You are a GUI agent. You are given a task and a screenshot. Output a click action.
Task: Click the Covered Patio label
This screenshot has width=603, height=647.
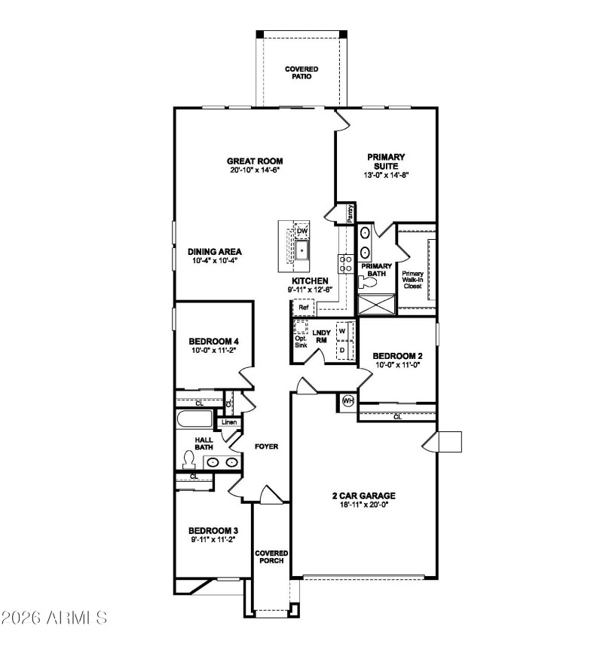(x=301, y=72)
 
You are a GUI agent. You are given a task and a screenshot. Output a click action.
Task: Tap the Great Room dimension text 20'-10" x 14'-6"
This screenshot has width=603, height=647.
(x=255, y=170)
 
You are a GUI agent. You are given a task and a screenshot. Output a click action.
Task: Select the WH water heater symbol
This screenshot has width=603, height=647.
(x=348, y=400)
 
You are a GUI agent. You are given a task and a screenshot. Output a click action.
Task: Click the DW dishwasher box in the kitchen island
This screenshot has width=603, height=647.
(x=301, y=231)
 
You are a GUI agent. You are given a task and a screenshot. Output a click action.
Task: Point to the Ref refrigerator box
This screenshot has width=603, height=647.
(x=303, y=308)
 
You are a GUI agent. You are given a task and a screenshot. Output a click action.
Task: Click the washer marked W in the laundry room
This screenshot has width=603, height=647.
(x=341, y=330)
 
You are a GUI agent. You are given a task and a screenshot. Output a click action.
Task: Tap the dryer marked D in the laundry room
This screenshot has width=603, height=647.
(x=341, y=351)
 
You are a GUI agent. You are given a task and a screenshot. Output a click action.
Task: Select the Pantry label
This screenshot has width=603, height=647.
(x=350, y=213)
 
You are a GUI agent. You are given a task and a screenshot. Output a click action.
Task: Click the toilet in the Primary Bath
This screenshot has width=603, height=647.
(x=369, y=282)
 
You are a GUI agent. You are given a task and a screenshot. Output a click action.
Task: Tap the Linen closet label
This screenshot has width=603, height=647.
(x=229, y=422)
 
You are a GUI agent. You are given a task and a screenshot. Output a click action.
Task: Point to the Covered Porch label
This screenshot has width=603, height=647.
(x=271, y=557)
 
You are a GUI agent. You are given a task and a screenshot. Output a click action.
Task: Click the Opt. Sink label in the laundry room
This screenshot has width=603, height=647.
(x=301, y=342)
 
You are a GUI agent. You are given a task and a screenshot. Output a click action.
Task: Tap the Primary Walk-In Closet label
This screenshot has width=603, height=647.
(x=412, y=280)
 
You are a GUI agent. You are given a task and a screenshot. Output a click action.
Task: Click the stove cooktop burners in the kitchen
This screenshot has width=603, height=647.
(x=346, y=263)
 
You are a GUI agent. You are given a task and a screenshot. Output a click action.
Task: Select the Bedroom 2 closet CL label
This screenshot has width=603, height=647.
(x=396, y=415)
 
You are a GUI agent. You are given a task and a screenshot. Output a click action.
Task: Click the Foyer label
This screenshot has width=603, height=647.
(x=266, y=446)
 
